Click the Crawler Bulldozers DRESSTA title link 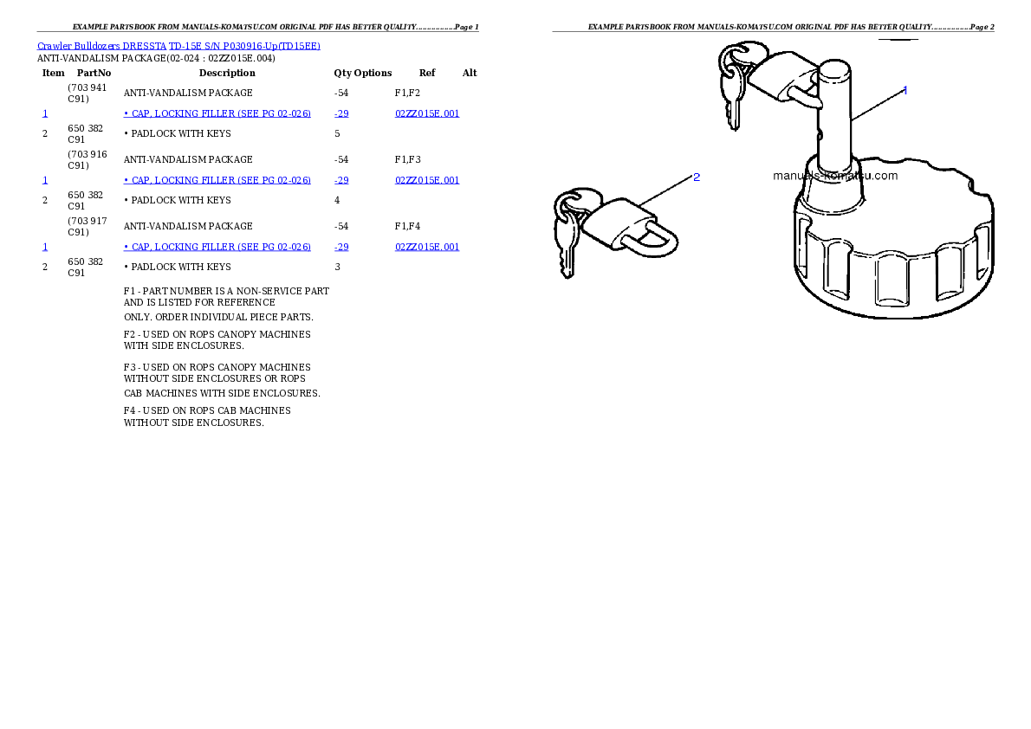tap(178, 46)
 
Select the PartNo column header tap(94, 73)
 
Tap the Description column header tap(227, 73)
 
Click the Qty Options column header tap(362, 73)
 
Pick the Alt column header tap(470, 73)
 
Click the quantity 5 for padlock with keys tap(337, 133)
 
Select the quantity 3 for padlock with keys tap(337, 267)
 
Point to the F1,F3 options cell tap(408, 159)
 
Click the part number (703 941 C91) tap(87, 94)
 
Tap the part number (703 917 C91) tap(87, 227)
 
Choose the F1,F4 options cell tap(408, 226)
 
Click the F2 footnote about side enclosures tap(217, 340)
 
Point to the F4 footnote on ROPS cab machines tap(207, 416)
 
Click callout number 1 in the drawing tap(905, 91)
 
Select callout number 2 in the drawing tap(697, 177)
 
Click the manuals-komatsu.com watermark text tap(835, 176)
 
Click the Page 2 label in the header tap(982, 27)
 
